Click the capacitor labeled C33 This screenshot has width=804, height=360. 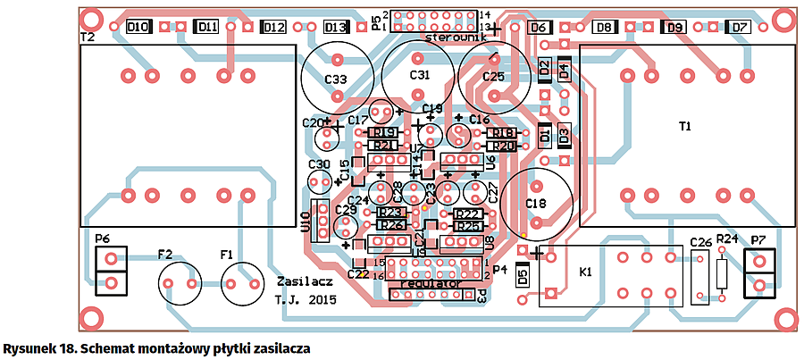point(336,79)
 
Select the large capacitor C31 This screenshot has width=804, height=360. point(419,75)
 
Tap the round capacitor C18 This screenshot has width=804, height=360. point(535,204)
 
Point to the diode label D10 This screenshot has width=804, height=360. point(138,28)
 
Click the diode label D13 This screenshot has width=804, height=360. point(335,28)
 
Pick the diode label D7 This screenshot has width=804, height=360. point(740,28)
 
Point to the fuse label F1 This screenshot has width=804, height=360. point(228,255)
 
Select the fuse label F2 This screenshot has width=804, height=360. point(165,255)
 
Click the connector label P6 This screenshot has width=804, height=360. point(101,239)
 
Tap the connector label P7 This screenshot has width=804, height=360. point(758,239)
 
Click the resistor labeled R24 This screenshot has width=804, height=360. point(728,239)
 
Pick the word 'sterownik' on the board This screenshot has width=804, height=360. point(456,39)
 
